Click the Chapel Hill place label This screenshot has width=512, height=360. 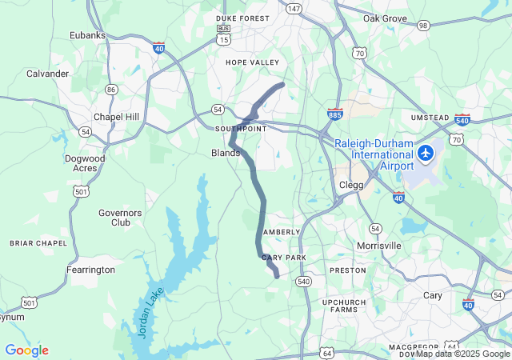tap(116, 117)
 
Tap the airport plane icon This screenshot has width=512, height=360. tap(426, 151)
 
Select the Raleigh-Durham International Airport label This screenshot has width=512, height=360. tap(374, 154)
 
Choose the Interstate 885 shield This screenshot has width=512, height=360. tap(335, 114)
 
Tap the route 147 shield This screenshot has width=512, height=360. tap(294, 9)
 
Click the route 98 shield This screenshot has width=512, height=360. tap(423, 26)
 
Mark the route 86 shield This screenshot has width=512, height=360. tap(110, 90)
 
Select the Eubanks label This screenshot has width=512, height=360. tap(87, 35)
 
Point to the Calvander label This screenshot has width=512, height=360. tap(48, 74)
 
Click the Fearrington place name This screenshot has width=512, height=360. tap(90, 270)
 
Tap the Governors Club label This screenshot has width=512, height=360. tap(120, 218)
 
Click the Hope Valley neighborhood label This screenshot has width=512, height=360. tap(252, 62)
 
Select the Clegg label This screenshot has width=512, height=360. tap(351, 185)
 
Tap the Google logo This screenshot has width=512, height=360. tap(26, 350)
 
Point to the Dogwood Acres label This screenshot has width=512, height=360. tap(85, 163)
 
